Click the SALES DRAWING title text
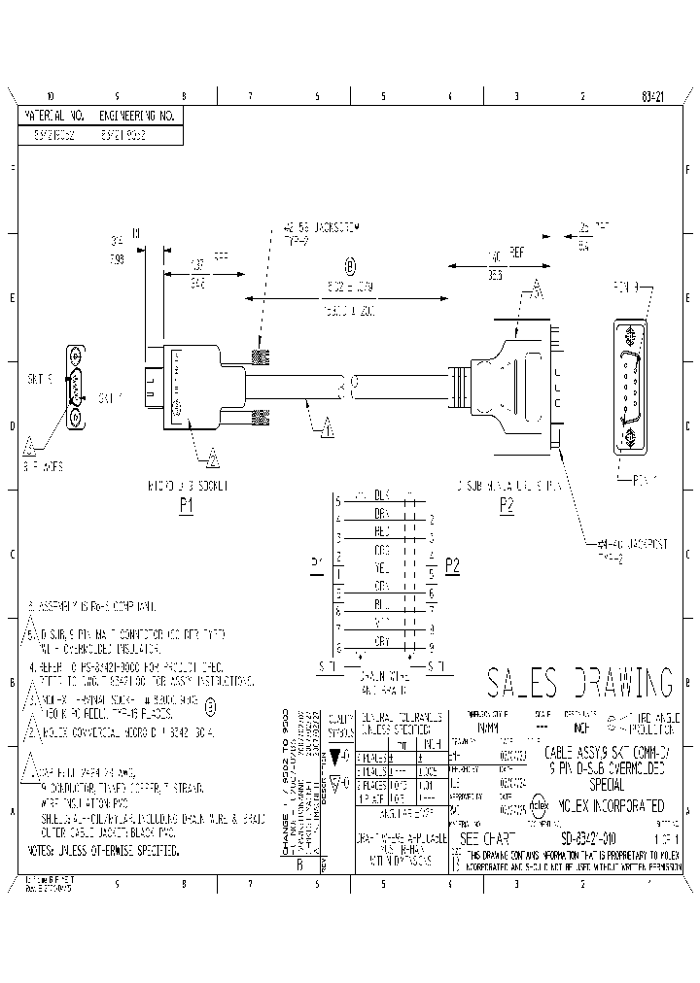click(578, 683)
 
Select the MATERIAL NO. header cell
click(55, 116)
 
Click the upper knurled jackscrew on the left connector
click(260, 356)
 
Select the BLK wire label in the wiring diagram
click(382, 494)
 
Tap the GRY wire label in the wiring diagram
click(382, 642)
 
